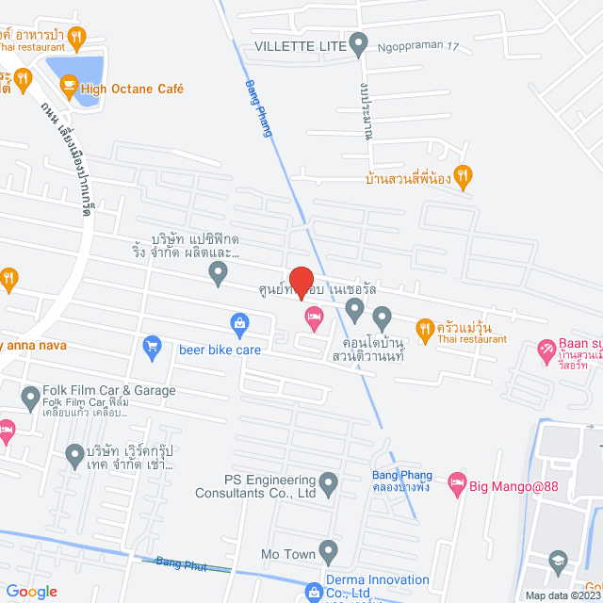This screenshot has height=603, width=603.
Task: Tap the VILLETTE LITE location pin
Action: tap(358, 43)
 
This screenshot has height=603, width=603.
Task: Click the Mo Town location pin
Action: tap(329, 549)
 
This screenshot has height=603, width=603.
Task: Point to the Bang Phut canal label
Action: tap(181, 563)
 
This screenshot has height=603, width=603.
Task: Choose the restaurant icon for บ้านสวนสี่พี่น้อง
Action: tap(462, 175)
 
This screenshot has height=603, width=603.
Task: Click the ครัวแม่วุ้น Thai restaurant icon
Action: tap(424, 327)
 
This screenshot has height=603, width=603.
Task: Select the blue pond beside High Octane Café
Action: tap(75, 71)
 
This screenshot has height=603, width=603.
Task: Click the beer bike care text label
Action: tap(220, 350)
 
